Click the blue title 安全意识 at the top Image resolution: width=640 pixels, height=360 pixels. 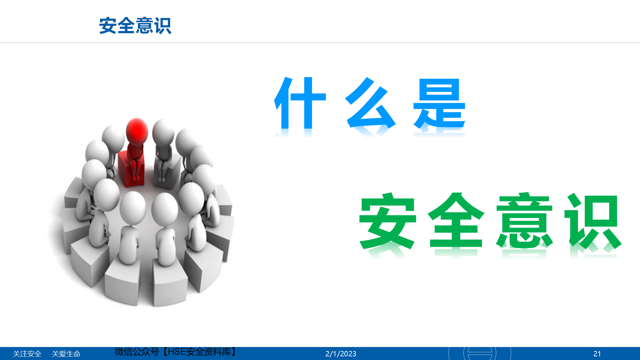[135, 26]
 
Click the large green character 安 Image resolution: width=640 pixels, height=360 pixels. [388, 221]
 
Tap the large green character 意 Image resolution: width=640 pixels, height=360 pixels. [525, 220]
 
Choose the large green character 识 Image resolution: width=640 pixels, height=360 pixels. [593, 221]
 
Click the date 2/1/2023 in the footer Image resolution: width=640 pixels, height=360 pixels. [341, 354]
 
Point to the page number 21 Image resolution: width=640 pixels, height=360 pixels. [597, 354]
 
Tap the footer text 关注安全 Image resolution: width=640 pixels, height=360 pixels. [27, 354]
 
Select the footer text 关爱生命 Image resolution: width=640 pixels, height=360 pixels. [66, 354]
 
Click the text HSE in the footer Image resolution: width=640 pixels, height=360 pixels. [177, 352]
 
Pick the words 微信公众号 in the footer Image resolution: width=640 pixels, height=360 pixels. [137, 352]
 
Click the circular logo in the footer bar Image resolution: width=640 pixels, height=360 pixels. [480, 353]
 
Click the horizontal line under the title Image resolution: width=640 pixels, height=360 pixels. [320, 43]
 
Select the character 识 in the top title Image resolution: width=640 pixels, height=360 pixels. [163, 26]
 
